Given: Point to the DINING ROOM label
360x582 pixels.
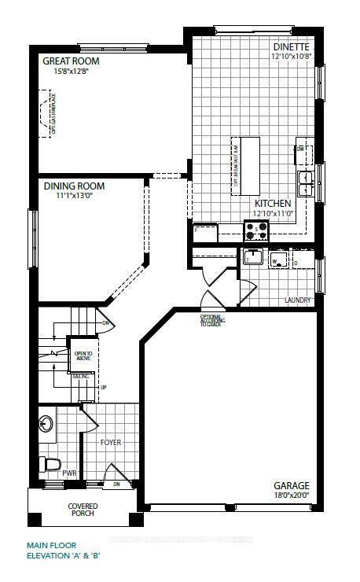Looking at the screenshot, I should [74, 186].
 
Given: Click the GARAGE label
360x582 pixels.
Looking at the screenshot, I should [291, 485].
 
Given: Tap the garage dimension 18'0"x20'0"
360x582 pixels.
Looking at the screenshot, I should [291, 495].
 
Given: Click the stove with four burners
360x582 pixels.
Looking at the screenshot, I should [256, 230].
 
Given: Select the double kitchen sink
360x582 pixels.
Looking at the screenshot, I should [305, 183].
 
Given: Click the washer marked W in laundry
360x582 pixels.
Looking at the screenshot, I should [277, 260].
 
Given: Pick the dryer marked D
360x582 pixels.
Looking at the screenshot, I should [299, 260].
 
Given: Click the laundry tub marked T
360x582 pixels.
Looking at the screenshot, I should [252, 258].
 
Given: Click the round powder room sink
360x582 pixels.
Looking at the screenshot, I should [46, 425].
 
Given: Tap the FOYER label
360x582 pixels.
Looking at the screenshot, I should [112, 443].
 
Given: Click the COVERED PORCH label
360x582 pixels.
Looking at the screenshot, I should [82, 510].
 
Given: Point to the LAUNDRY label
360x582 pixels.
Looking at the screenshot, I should [299, 300].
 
